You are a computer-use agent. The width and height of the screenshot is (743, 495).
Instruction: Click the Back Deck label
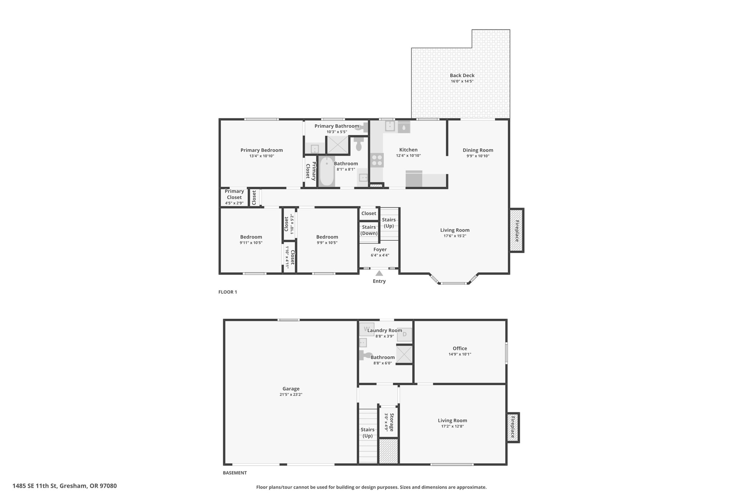(462, 75)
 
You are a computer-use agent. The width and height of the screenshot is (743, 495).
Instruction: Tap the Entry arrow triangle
(379, 273)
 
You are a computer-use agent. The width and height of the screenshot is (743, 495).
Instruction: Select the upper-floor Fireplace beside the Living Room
(517, 231)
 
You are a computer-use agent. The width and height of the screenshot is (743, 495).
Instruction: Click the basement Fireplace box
(513, 428)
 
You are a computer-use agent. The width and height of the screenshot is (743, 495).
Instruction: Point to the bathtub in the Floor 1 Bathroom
(327, 171)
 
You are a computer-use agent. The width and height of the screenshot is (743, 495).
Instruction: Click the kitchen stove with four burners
(377, 160)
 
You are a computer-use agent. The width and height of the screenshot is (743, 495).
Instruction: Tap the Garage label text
(291, 389)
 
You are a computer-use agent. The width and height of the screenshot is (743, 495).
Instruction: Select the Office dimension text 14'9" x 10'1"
(460, 354)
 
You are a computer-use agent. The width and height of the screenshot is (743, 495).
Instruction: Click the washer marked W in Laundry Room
(366, 329)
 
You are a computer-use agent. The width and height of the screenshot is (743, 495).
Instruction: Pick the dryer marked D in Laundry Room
(405, 334)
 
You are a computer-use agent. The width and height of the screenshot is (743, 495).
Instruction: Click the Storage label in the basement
(392, 422)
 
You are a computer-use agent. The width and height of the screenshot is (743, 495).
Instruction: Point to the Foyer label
(380, 249)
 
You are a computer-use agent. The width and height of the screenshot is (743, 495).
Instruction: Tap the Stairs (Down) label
(369, 230)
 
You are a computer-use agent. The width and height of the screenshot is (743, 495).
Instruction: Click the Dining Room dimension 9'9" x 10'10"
(478, 156)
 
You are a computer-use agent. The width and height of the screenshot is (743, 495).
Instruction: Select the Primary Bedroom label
(262, 150)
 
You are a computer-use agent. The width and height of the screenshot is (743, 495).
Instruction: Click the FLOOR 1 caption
(227, 292)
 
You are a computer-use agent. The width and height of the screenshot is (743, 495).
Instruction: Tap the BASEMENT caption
(235, 473)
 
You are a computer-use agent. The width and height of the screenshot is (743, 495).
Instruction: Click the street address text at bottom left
(65, 486)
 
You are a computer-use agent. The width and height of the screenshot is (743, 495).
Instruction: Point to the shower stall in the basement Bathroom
(405, 355)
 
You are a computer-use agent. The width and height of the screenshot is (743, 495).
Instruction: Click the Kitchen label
(409, 150)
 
